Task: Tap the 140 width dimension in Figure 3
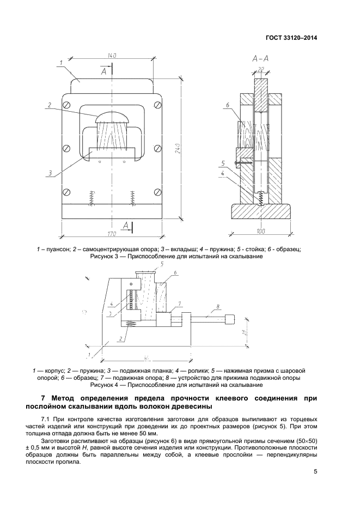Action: click(113, 56)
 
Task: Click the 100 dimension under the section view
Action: click(260, 232)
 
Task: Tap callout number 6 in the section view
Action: click(227, 105)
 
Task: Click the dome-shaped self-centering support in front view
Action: click(113, 117)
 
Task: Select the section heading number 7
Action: click(44, 398)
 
